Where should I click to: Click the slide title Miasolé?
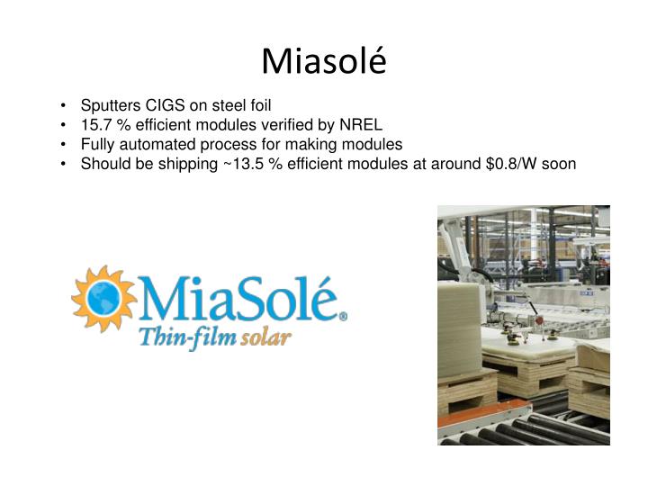323,60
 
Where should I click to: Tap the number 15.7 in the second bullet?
95,125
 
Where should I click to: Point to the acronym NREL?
362,125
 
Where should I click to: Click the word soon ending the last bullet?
558,164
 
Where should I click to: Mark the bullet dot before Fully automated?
67,145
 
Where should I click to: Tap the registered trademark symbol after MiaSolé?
342,316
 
